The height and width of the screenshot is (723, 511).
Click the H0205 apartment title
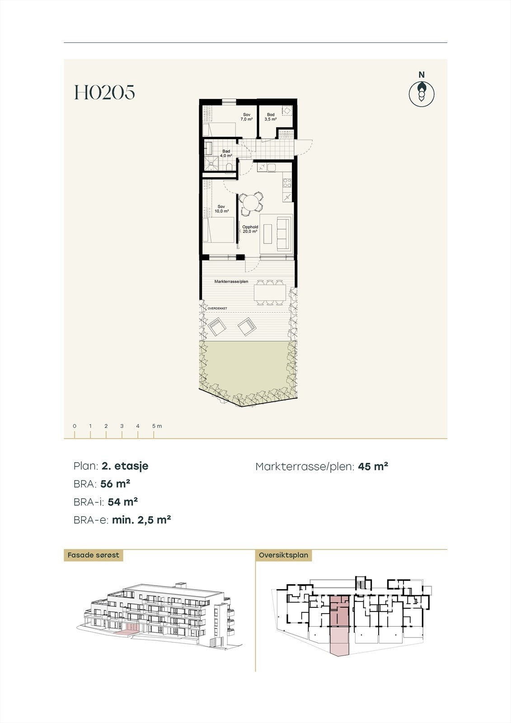105,93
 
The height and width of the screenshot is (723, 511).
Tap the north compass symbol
422,94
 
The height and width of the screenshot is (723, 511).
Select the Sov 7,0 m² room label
246,117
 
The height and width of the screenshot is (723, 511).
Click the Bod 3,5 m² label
271,117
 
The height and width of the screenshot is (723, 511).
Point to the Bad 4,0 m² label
225,153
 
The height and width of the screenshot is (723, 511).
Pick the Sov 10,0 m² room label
221,209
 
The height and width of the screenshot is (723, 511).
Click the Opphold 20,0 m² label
250,229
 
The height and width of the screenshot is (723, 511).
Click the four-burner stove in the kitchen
286,183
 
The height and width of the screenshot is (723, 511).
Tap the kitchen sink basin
272,168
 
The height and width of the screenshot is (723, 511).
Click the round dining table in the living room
250,201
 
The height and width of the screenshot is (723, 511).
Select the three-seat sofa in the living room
283,233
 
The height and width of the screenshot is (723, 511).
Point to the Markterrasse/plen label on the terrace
231,282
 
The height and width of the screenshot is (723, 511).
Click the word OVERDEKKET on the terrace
217,308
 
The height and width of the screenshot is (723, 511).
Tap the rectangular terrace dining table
270,292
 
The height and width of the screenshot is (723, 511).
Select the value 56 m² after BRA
115,484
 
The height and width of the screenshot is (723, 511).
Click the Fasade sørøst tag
93,555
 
